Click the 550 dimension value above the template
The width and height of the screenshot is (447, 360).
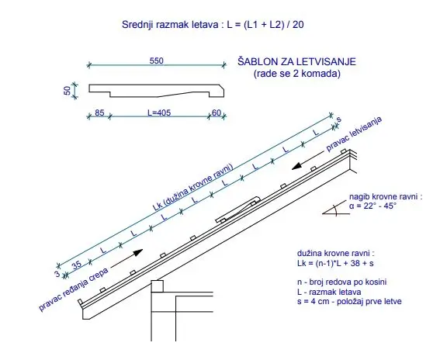coord(157,61)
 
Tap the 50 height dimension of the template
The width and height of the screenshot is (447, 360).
coord(68,91)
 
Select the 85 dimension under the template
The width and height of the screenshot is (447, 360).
coord(99,112)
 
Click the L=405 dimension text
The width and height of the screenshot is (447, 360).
coord(159,112)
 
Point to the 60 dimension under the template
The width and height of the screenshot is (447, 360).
coord(217,112)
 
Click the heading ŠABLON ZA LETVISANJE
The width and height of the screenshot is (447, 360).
coord(296,62)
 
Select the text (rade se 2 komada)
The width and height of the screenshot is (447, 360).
coord(297,74)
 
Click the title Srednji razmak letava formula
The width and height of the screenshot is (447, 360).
coord(213,25)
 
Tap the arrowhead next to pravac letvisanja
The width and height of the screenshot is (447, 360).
coord(296,167)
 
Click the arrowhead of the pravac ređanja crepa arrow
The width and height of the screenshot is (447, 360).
coord(138,252)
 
